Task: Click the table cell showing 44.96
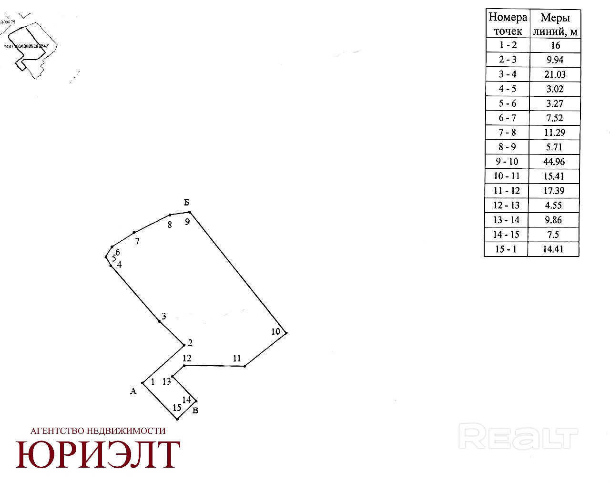tap(554, 162)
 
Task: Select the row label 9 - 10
tap(506, 162)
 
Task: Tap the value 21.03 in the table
tap(554, 74)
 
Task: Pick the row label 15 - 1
tap(506, 249)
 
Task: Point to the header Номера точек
tap(508, 24)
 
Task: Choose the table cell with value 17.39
tap(554, 191)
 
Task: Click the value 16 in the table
tap(554, 45)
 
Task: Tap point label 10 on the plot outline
tap(275, 332)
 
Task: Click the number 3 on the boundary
tap(163, 317)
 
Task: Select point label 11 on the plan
tap(237, 359)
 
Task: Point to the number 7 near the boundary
tap(137, 242)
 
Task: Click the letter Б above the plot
tap(187, 203)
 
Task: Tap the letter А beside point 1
tap(133, 391)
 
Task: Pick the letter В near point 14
tap(195, 410)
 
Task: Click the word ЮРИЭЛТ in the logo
tap(98, 455)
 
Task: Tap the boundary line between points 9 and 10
tap(238, 273)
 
